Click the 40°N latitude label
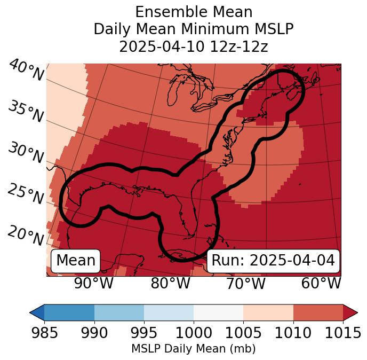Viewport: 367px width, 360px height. coord(26,71)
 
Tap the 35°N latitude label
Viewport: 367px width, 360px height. coord(26,112)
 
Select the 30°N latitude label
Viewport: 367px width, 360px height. coord(26,153)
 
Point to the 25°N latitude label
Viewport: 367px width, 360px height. coord(26,194)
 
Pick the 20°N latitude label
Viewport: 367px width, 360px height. coord(26,235)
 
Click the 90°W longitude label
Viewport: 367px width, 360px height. coord(94,284)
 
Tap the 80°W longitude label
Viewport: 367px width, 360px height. coord(170,284)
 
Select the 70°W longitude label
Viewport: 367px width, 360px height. coord(245,284)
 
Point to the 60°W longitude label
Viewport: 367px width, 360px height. coord(321,284)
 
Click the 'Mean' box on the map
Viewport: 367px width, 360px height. coord(76,261)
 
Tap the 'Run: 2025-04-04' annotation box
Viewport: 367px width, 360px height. coord(273,261)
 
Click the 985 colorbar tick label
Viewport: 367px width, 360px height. coord(44,333)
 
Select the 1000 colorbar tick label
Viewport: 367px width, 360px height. coord(194,333)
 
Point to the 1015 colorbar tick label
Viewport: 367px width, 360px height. coord(343,333)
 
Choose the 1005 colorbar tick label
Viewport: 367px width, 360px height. coord(243,333)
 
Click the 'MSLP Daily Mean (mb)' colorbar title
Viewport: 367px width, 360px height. coord(193,349)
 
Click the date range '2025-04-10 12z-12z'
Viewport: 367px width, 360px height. coord(193,46)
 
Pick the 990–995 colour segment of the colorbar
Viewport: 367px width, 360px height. coord(119,312)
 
